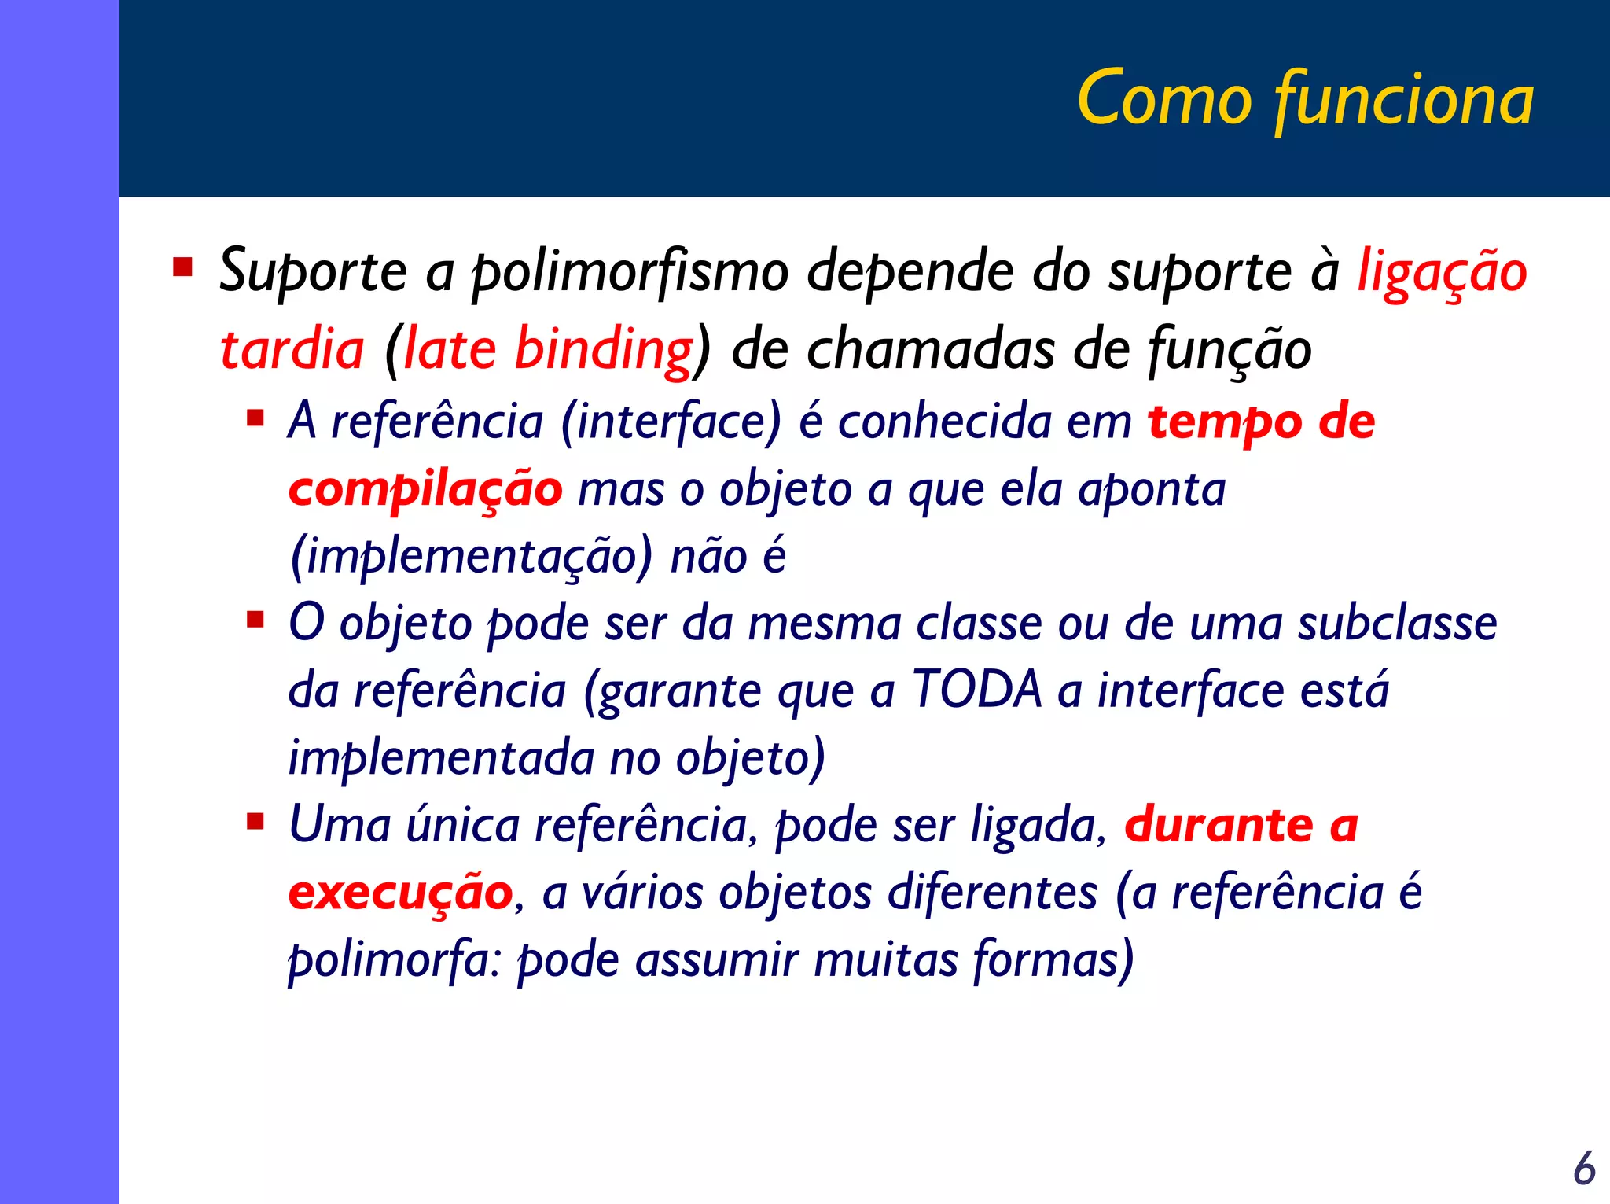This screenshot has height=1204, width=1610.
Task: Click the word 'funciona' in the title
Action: pyautogui.click(x=1403, y=99)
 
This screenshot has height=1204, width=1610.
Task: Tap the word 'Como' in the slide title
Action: pyautogui.click(x=1164, y=99)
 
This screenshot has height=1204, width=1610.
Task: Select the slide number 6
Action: pyautogui.click(x=1584, y=1168)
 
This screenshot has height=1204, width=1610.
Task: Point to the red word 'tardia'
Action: pyautogui.click(x=292, y=349)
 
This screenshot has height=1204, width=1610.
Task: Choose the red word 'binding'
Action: pyautogui.click(x=603, y=349)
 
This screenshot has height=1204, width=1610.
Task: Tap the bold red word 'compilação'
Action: pyautogui.click(x=425, y=489)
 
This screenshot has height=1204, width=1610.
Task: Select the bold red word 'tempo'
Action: pyautogui.click(x=1223, y=423)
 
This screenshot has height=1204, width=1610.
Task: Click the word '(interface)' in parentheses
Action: pyautogui.click(x=671, y=422)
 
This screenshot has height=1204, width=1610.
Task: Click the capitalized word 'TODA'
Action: pyautogui.click(x=976, y=690)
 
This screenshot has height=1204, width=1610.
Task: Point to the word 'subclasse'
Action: pyautogui.click(x=1397, y=624)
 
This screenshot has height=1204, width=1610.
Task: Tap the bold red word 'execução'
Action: pyautogui.click(x=401, y=893)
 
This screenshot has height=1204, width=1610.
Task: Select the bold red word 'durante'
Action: pyautogui.click(x=1219, y=825)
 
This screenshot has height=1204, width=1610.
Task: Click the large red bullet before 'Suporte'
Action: pyautogui.click(x=183, y=267)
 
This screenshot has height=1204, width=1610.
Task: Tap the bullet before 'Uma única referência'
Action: pyautogui.click(x=255, y=822)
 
